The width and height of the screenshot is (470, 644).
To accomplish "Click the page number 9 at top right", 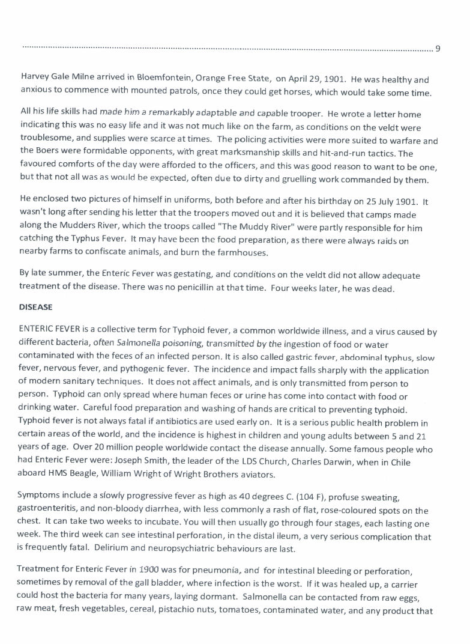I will point(438,49).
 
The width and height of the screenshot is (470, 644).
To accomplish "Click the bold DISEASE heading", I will point(37,307).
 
